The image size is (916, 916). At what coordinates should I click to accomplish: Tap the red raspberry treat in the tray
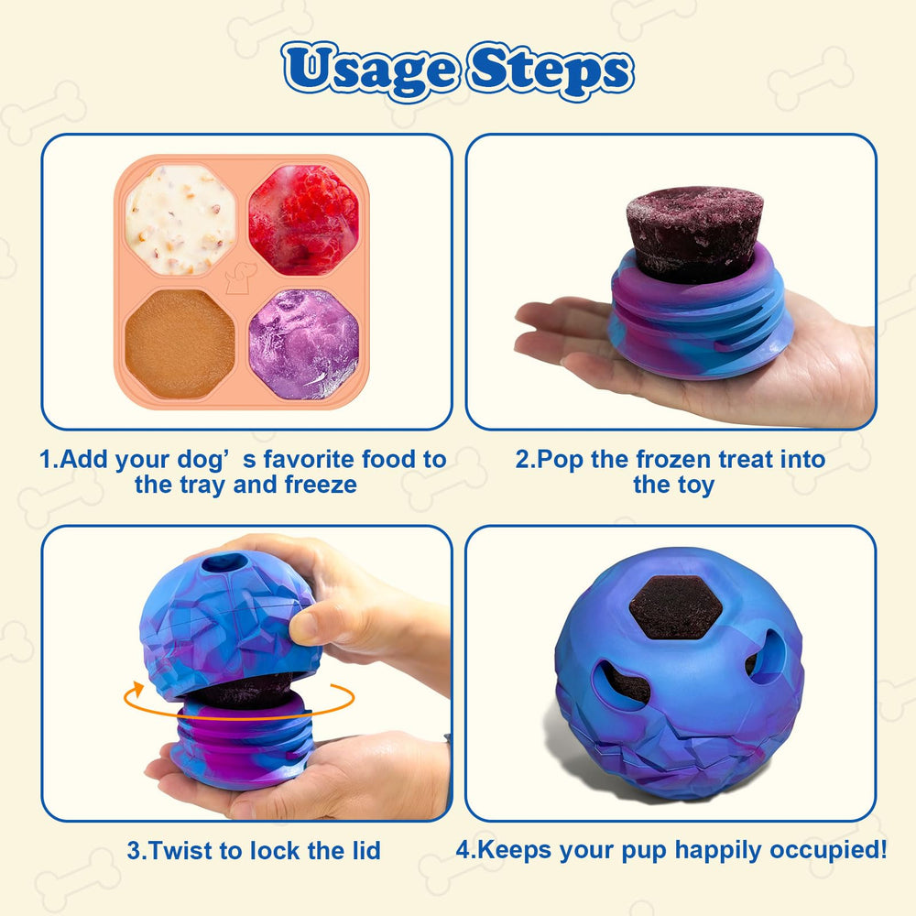tap(303, 220)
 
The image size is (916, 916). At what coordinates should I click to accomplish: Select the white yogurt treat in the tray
tap(180, 220)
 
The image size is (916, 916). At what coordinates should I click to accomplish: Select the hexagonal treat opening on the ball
tap(676, 606)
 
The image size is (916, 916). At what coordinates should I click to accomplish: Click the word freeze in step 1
tap(314, 485)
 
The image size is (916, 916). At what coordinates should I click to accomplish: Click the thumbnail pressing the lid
tap(303, 627)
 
